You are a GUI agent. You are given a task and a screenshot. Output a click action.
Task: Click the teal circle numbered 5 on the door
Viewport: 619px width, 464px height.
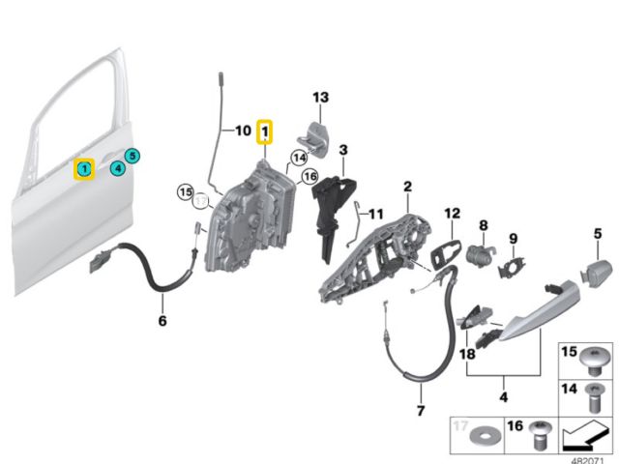pos(133,156)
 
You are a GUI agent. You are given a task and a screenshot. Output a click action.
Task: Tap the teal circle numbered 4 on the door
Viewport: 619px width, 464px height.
pos(118,168)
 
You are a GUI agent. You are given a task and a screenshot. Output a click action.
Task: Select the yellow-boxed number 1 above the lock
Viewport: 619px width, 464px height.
pos(264,131)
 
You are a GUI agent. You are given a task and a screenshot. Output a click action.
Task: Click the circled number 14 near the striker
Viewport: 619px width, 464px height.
pos(300,159)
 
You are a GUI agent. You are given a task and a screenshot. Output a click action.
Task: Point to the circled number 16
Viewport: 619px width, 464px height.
pos(309,176)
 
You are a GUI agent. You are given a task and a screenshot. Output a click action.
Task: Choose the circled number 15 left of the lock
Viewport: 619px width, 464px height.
pos(185,192)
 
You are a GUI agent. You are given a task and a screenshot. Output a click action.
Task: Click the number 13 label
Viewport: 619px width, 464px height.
pos(320,97)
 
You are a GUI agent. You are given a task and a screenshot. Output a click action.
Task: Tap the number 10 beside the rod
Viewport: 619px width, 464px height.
pos(243,130)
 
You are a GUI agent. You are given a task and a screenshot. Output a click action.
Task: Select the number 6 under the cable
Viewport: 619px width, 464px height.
pos(162,321)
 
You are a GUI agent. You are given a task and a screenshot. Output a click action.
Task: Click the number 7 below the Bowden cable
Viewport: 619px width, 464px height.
pos(421,410)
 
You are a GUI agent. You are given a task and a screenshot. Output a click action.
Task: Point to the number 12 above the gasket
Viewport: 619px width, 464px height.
pos(453,214)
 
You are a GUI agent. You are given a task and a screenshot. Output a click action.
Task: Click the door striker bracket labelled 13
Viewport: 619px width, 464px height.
pos(314,140)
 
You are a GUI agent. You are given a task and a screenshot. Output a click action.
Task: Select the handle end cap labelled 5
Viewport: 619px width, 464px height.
pos(596,274)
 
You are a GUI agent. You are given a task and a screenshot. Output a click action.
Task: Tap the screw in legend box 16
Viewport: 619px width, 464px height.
pos(540,435)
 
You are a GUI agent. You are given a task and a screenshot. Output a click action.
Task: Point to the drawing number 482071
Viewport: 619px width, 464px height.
pos(588,460)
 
